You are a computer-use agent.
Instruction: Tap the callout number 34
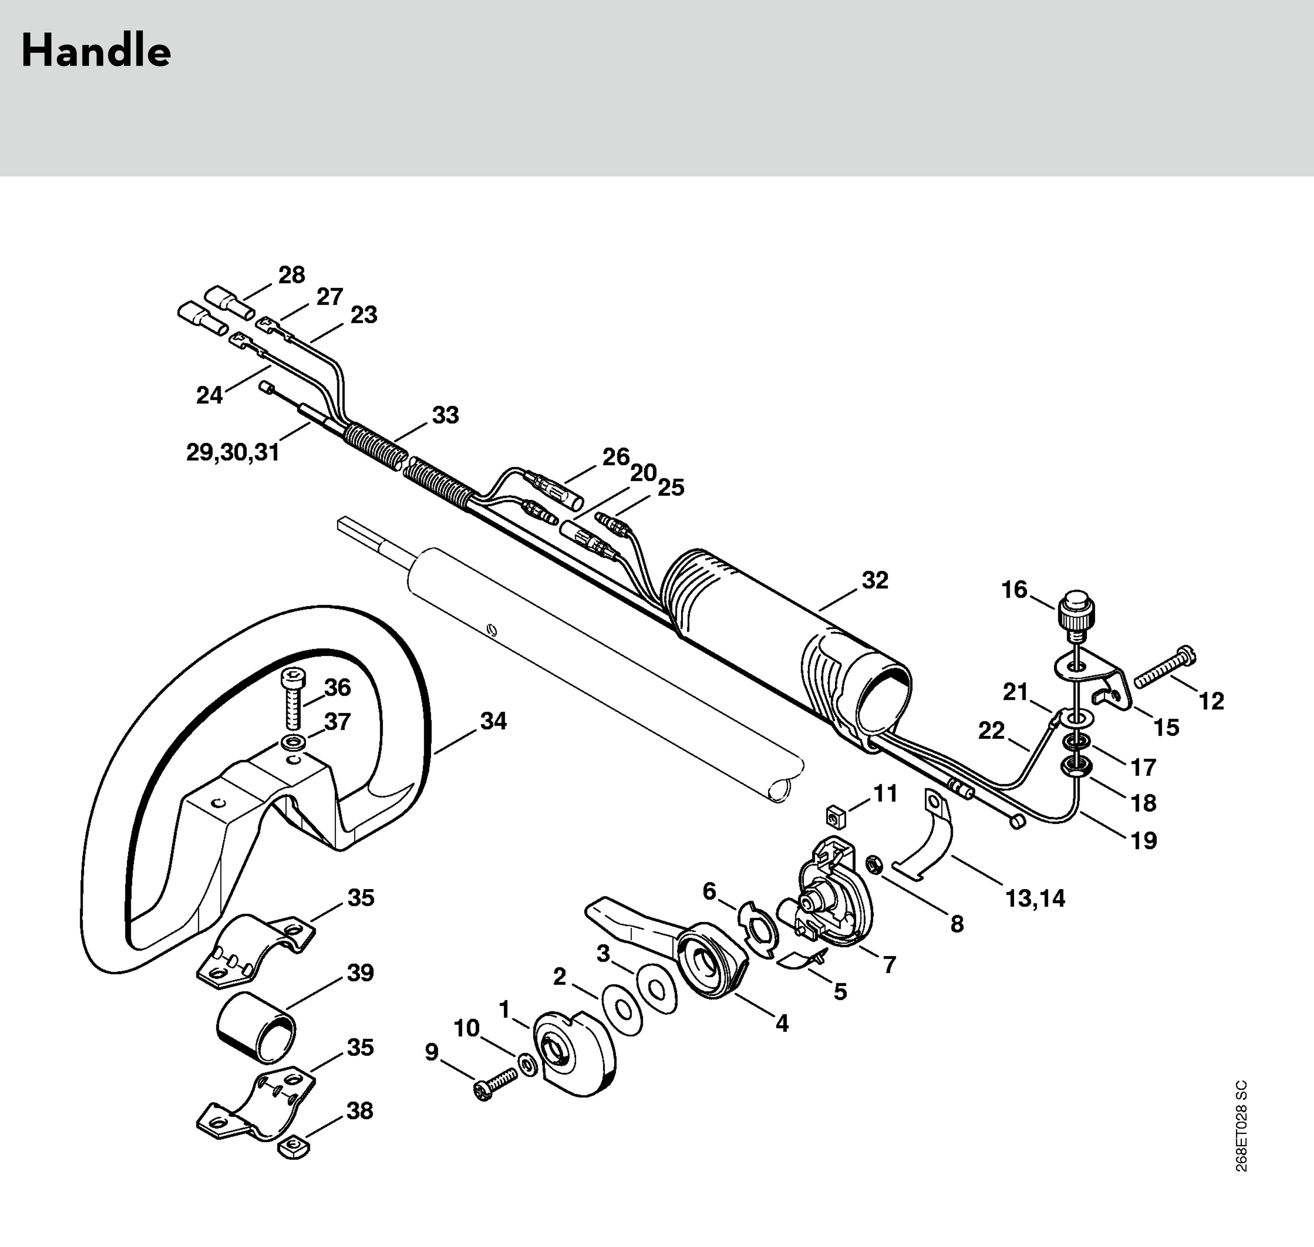pos(493,721)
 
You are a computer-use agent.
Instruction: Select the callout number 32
pos(875,580)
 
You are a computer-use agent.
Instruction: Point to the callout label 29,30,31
pos(233,453)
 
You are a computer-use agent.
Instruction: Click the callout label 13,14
pos(1035,899)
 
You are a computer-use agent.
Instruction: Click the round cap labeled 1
pos(573,1055)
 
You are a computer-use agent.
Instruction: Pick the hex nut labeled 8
pos(874,864)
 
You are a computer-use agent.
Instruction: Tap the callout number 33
pos(445,415)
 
